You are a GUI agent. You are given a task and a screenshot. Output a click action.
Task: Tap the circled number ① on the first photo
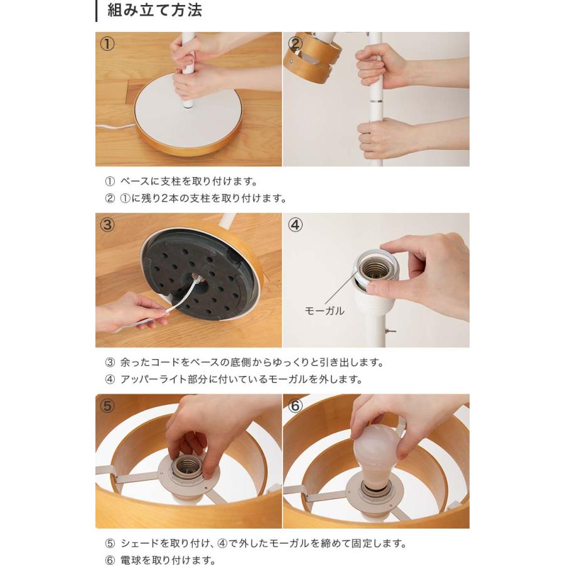click(107, 45)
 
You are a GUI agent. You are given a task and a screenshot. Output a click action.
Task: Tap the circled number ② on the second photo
click(295, 45)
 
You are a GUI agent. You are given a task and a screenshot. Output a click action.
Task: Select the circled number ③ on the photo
click(107, 225)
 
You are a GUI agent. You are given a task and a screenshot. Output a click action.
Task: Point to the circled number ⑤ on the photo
click(107, 406)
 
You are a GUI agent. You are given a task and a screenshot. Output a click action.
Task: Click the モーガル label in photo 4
click(324, 311)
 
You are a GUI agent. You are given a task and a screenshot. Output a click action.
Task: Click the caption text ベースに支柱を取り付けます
click(188, 181)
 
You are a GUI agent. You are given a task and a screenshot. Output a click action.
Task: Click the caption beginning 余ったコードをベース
click(251, 362)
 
